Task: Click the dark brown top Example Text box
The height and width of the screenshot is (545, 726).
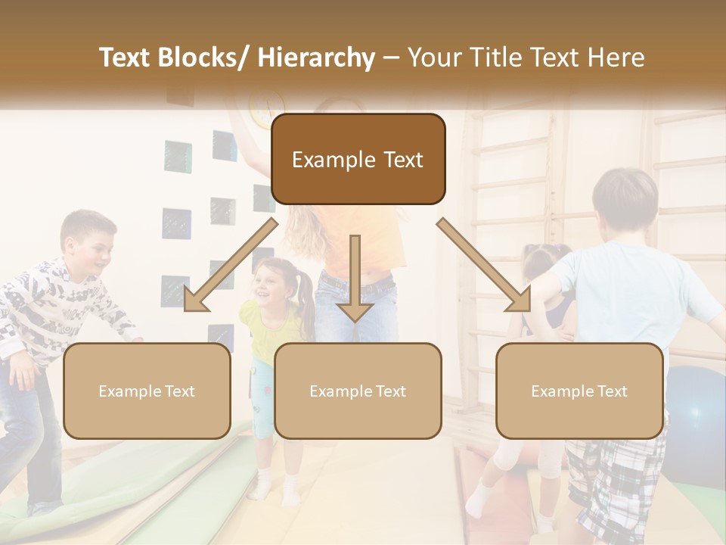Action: tap(358, 159)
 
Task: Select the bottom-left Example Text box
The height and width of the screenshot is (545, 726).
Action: tap(147, 391)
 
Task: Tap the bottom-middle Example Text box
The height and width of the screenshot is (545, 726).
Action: tap(358, 391)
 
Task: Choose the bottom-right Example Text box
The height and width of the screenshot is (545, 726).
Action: tap(579, 391)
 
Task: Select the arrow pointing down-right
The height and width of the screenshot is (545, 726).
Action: tap(485, 265)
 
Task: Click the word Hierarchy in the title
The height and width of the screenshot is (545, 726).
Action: tap(316, 58)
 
